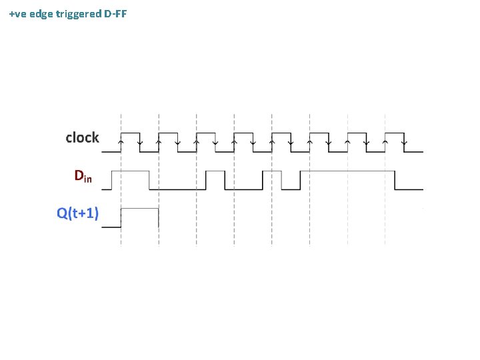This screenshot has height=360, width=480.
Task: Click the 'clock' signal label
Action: [82, 138]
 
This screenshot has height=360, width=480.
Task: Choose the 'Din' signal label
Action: [83, 177]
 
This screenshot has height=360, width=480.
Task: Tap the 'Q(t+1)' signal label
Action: [77, 213]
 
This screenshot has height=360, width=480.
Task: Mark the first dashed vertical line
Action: [121, 180]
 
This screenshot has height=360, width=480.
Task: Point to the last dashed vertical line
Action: [385, 180]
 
